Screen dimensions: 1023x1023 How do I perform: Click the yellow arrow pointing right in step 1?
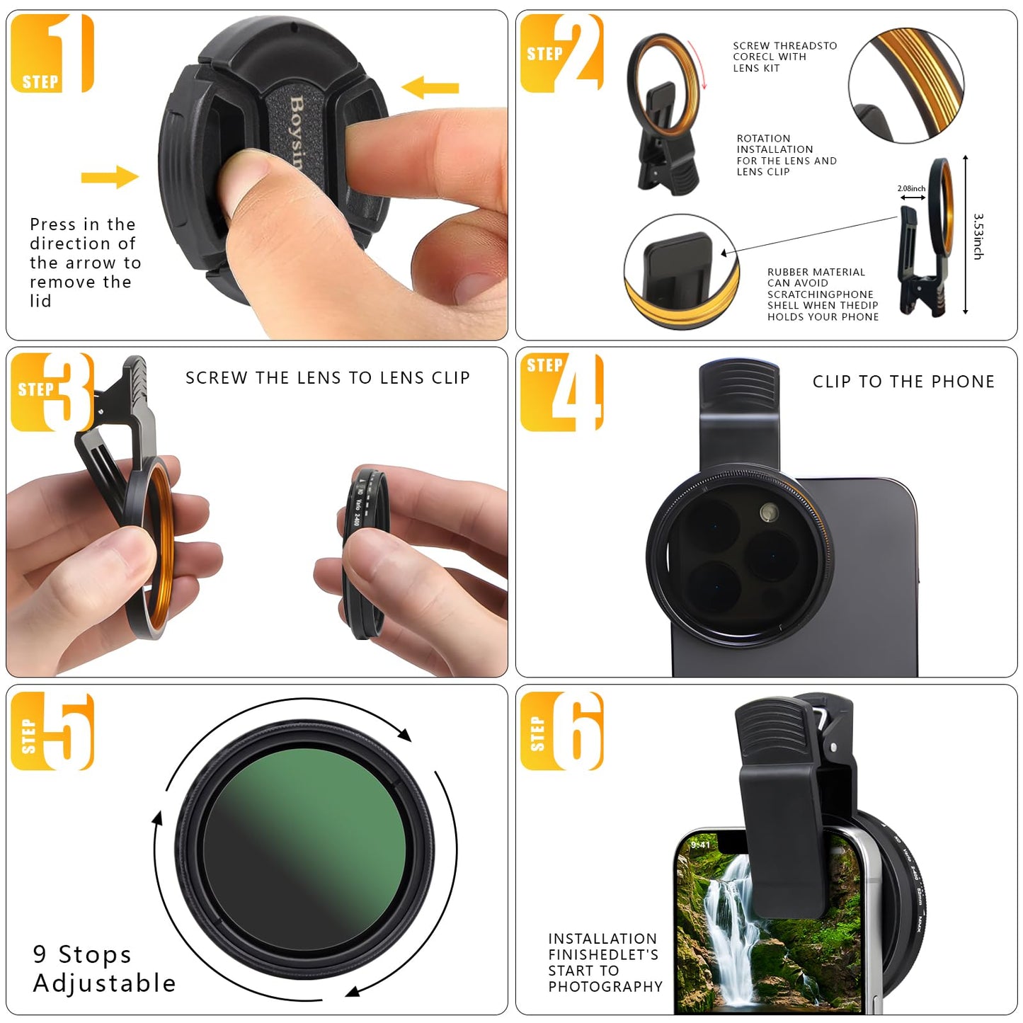[110, 177]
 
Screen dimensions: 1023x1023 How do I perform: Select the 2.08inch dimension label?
[911, 188]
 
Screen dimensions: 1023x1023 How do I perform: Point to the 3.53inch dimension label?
[978, 236]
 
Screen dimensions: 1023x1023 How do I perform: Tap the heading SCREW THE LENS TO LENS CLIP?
[328, 378]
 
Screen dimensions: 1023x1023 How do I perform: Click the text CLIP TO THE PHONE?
[903, 382]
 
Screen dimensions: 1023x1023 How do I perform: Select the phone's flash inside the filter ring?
[769, 512]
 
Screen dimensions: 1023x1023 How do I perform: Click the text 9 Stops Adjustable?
[104, 968]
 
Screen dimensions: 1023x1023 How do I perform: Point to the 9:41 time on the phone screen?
[700, 845]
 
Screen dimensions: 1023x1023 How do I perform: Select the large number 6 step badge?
[577, 731]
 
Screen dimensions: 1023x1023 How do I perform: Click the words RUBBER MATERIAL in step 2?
[816, 272]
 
